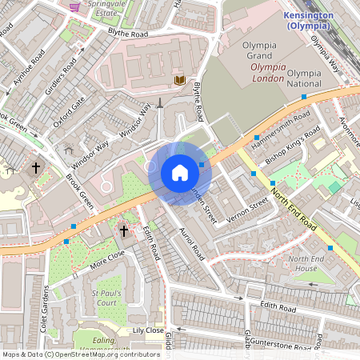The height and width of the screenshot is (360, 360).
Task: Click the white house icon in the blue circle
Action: click(180, 173)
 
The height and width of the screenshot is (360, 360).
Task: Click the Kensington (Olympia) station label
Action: click(308, 20)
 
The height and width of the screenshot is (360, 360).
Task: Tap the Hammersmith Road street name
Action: click(280, 127)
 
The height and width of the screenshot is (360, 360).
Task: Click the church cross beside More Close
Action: click(123, 231)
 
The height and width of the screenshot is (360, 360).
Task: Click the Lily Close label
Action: click(147, 330)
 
